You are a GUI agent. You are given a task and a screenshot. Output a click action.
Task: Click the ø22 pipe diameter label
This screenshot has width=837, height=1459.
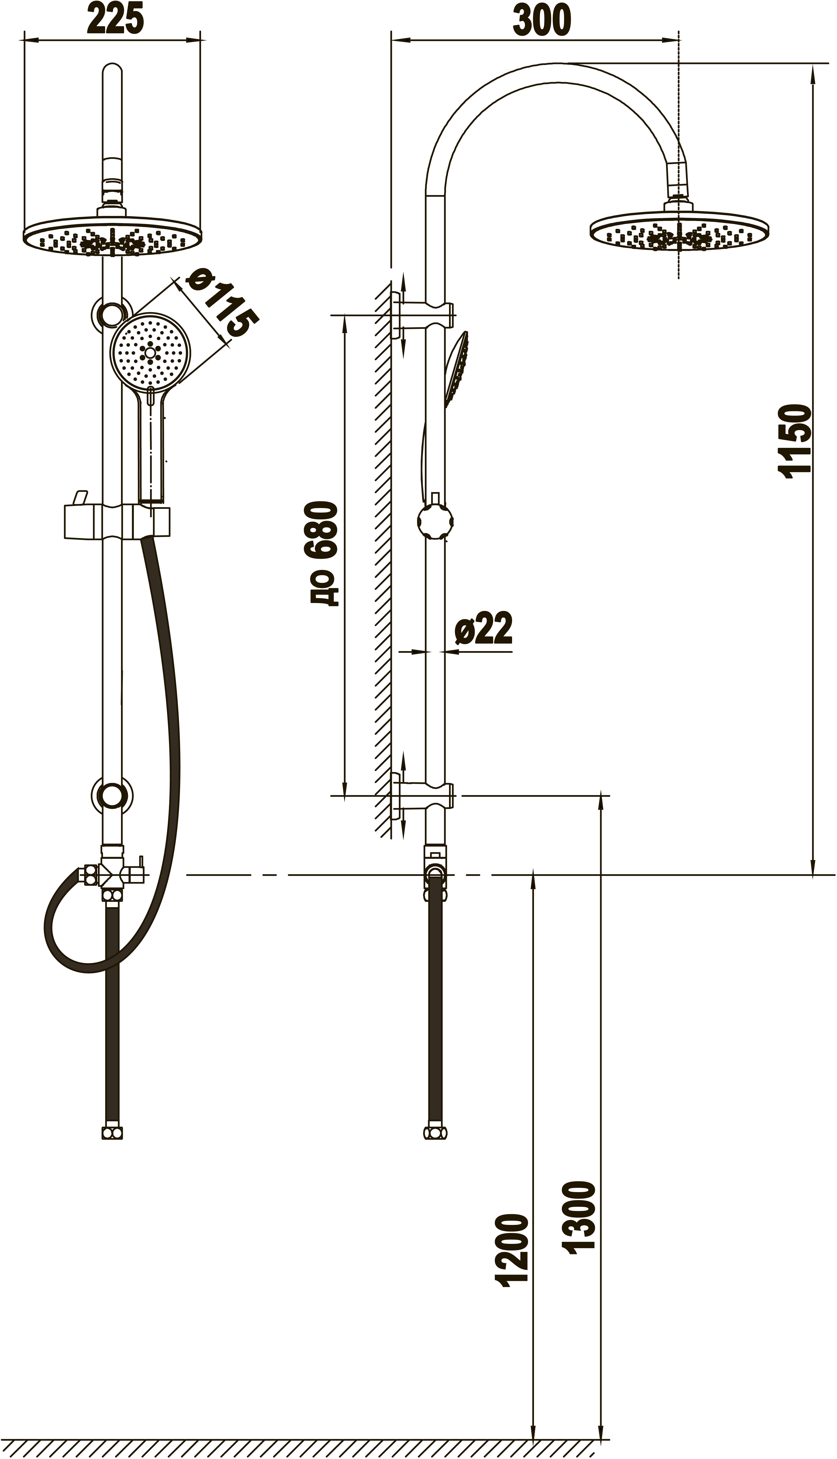483,629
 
